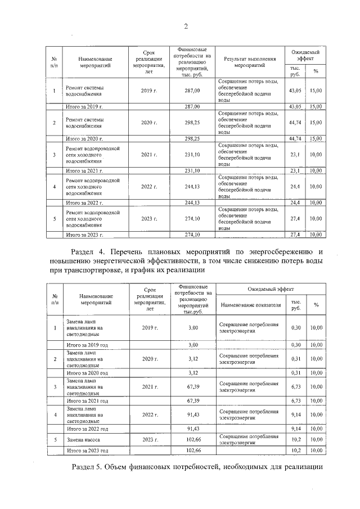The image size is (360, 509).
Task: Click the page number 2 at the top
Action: click(185, 26)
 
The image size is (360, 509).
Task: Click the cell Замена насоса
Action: click(85, 439)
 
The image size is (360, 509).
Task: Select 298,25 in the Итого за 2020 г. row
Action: click(192, 138)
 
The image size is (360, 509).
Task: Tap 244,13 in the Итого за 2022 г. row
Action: click(192, 202)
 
